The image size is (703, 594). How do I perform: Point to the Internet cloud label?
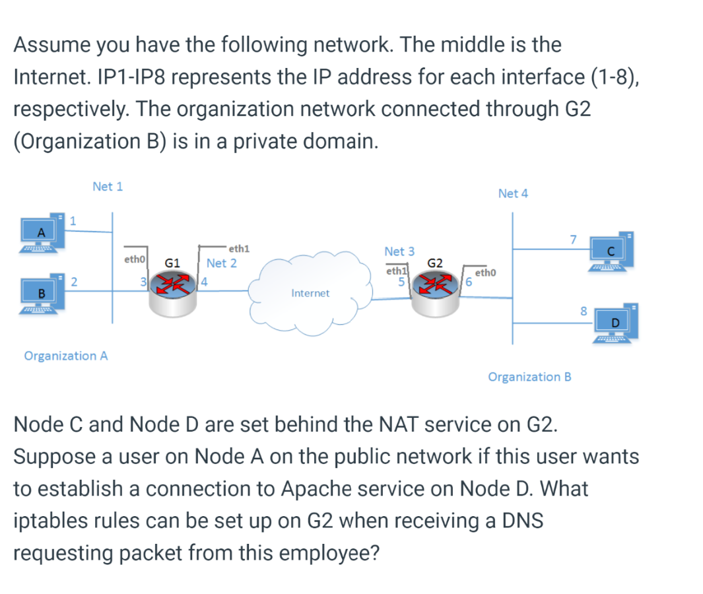pyautogui.click(x=310, y=292)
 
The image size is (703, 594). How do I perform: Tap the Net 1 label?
pyautogui.click(x=108, y=186)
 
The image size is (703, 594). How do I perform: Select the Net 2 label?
pyautogui.click(x=221, y=263)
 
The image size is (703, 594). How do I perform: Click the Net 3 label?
pyautogui.click(x=399, y=251)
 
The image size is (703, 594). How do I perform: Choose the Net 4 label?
pyautogui.click(x=513, y=193)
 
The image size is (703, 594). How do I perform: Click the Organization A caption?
pyautogui.click(x=66, y=356)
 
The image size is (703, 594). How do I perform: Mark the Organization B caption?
pyautogui.click(x=529, y=377)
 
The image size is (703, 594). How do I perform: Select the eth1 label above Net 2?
pyautogui.click(x=238, y=249)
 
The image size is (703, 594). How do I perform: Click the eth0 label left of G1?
pyautogui.click(x=135, y=260)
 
